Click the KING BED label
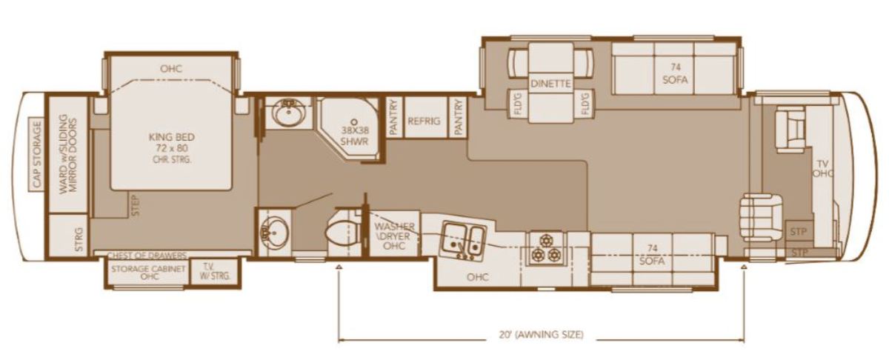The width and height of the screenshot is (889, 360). tap(172, 137)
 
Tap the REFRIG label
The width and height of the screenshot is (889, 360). tap(424, 121)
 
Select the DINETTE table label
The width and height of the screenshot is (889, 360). tap(550, 84)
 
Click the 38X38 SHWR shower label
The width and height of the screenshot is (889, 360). tap(354, 136)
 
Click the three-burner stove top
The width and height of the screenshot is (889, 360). tap(546, 249)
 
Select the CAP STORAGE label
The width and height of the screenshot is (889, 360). tap(36, 154)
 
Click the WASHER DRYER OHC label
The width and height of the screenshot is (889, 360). tap(394, 236)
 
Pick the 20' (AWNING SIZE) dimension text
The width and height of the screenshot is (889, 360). tap(542, 335)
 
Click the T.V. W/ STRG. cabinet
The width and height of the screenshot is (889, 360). tap(216, 272)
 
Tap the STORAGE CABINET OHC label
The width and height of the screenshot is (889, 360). tap(148, 272)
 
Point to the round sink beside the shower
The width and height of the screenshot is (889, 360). tap(288, 112)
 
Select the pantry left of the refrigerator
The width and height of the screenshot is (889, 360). tap(393, 117)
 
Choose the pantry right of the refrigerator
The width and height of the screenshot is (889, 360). tap(458, 117)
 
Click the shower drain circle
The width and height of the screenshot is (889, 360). tap(354, 122)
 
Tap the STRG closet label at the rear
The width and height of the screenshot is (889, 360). tap(79, 239)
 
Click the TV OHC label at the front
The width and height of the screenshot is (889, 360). tap(822, 168)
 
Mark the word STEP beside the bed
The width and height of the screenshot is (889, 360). tap(136, 205)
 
